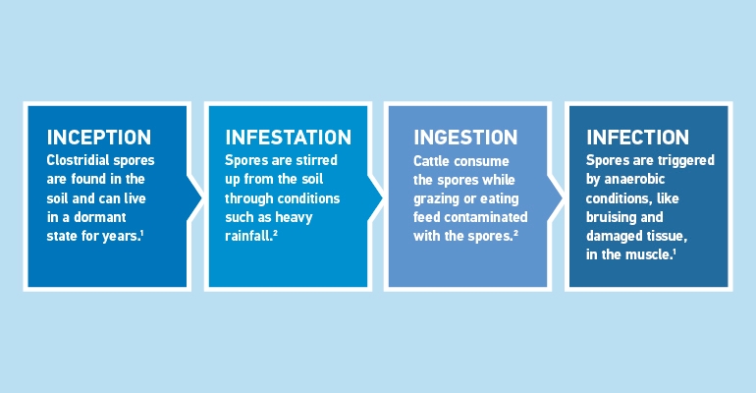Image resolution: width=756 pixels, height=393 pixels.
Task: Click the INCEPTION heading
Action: pos(99,137)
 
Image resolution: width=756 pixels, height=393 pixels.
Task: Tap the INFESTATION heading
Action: pos(288,137)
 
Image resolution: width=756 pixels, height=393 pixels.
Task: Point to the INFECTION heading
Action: pos(637,137)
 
